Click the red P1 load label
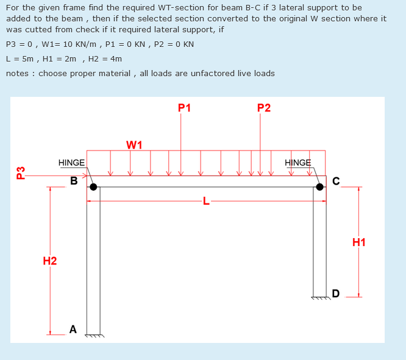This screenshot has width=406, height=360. coord(184,108)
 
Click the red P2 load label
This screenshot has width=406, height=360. coord(264,108)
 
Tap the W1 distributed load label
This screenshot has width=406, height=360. coord(134,145)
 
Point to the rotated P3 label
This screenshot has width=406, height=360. coord(21,173)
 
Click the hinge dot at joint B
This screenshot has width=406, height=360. coord(93,186)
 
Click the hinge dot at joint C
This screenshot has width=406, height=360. coord(319,186)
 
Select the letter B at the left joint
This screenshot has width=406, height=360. coord(74,181)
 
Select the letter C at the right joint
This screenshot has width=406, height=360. coord(336,181)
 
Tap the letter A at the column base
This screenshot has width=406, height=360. coord(73,330)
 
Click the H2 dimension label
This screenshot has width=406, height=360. coord(50,261)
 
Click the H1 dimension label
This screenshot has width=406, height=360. coord(359,242)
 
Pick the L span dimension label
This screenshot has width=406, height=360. coord(206,202)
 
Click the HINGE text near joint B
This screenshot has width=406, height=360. coord(71,163)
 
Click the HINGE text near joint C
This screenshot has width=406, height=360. coord(297,163)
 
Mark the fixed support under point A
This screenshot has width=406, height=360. coord(94,335)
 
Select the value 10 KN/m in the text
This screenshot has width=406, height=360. coord(78,44)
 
